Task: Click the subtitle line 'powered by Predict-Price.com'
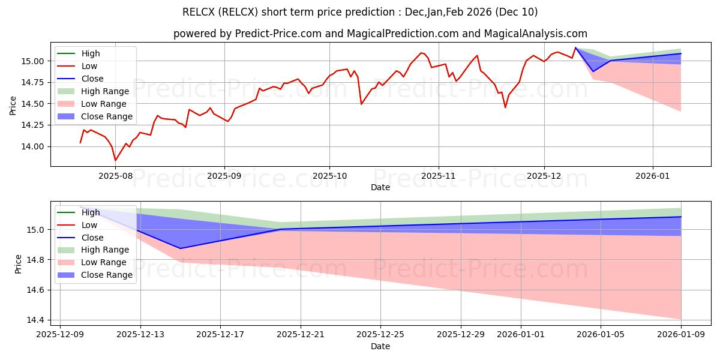pyautogui.click(x=380, y=34)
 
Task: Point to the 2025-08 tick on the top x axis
pyautogui.click(x=115, y=176)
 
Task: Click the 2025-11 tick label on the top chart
pyautogui.click(x=439, y=176)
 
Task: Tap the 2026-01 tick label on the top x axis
pyautogui.click(x=653, y=176)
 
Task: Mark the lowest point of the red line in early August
pyautogui.click(x=115, y=160)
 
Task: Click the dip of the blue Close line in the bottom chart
pyautogui.click(x=180, y=248)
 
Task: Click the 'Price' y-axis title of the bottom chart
pyautogui.click(x=18, y=263)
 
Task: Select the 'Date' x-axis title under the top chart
pyautogui.click(x=380, y=187)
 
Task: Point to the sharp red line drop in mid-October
pyautogui.click(x=361, y=104)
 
